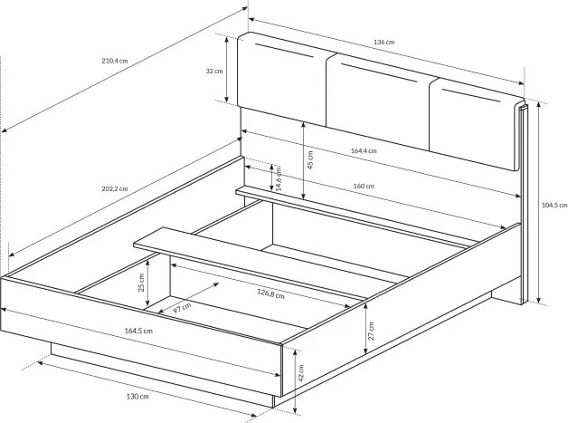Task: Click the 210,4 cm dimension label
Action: pyautogui.click(x=115, y=61)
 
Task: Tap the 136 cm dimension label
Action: pyautogui.click(x=384, y=42)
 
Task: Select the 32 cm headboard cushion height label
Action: pyautogui.click(x=214, y=72)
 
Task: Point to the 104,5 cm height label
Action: pyautogui.click(x=554, y=206)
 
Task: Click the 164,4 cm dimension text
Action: pyautogui.click(x=364, y=150)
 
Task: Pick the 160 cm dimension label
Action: pyautogui.click(x=364, y=186)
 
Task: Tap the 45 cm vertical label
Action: pyautogui.click(x=309, y=160)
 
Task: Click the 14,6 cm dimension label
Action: pyautogui.click(x=279, y=178)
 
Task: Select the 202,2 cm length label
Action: pyautogui.click(x=115, y=188)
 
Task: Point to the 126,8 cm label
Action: pyautogui.click(x=270, y=293)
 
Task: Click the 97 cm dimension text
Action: pyautogui.click(x=182, y=308)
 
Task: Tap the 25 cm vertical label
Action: pyautogui.click(x=141, y=283)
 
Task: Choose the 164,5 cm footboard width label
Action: pyautogui.click(x=138, y=331)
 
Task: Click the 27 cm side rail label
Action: pyautogui.click(x=371, y=331)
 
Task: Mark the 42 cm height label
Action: pyautogui.click(x=300, y=373)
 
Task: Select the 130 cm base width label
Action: pyautogui.click(x=137, y=397)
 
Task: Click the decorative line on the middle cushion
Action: pyautogui.click(x=380, y=72)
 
